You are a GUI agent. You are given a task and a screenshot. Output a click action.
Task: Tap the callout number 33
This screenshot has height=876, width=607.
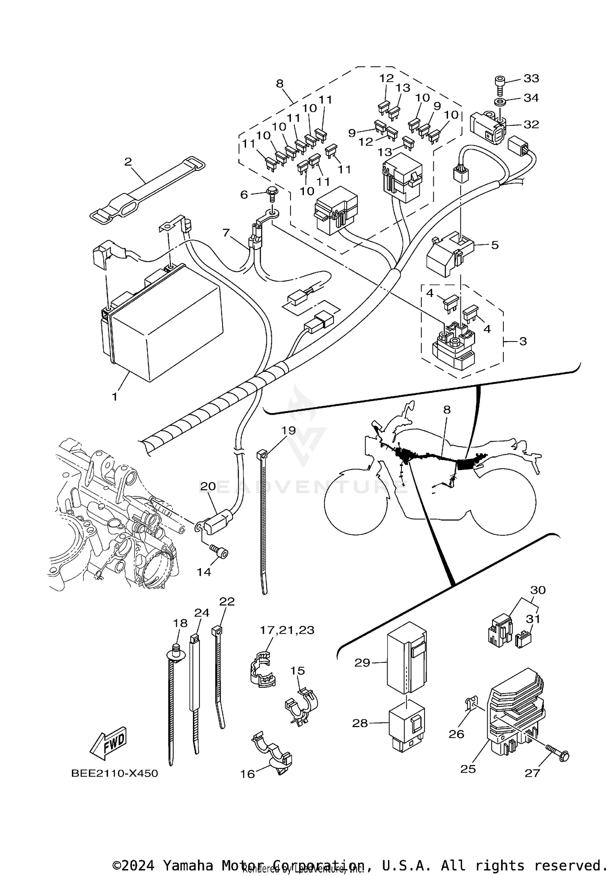pos(531,78)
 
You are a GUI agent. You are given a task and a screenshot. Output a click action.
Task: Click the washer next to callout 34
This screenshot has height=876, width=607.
pos(500,100)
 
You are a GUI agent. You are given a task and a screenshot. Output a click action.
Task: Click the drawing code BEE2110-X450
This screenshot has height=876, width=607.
pos(115,773)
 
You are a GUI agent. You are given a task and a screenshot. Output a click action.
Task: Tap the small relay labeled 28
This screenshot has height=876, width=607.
pos(406,726)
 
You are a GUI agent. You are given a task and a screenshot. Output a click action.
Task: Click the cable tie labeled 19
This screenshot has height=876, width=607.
pos(262,522)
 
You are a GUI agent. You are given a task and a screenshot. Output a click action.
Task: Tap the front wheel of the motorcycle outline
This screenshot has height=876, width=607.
pos(355,502)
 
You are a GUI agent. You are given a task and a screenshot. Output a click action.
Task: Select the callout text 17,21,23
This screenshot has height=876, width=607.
pos(287,630)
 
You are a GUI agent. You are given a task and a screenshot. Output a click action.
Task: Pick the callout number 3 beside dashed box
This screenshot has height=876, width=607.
pos(523,341)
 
